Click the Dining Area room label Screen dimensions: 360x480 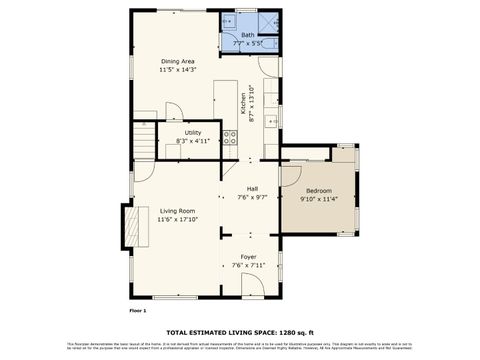tap(177, 62)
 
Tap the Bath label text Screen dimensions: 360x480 tap(247, 35)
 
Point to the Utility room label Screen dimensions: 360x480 tap(192, 132)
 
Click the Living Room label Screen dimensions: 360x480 tap(176, 210)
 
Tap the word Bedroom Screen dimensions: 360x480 tap(319, 190)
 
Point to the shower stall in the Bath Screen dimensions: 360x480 tap(268, 22)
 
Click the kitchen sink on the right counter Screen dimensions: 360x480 tap(271, 120)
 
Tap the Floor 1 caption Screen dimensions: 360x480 tap(138, 311)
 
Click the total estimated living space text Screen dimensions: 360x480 tap(240, 331)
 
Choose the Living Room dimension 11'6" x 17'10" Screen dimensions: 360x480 tap(177, 219)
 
